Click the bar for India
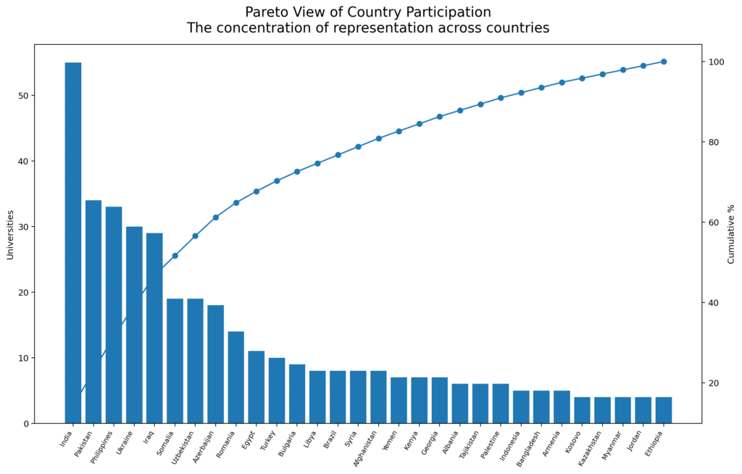[73, 243]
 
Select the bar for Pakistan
[93, 312]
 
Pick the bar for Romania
[235, 377]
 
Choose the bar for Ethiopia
[663, 410]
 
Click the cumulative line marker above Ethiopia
[663, 62]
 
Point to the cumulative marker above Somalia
[175, 256]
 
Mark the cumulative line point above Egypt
[257, 191]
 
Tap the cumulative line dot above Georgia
[439, 117]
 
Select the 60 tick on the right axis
[713, 223]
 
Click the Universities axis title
[10, 234]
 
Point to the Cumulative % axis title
[731, 234]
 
